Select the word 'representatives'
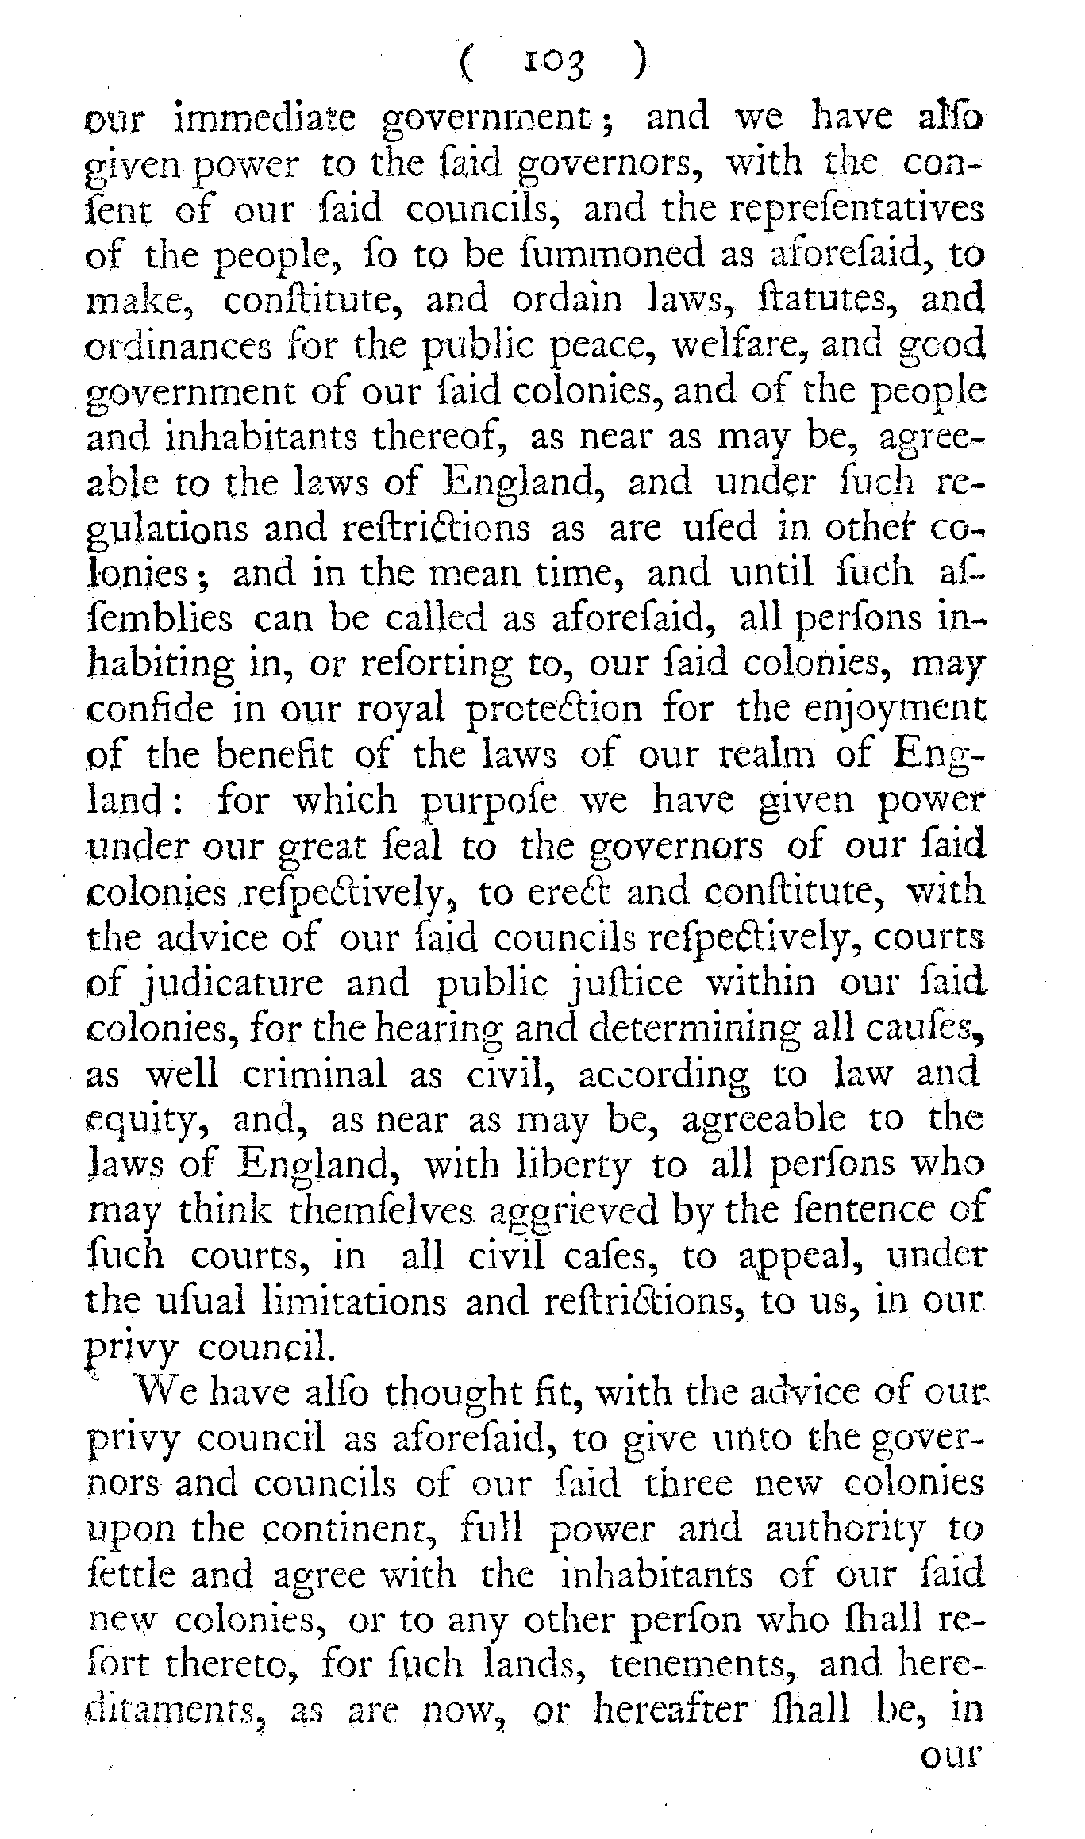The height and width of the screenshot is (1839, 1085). click(x=856, y=209)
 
